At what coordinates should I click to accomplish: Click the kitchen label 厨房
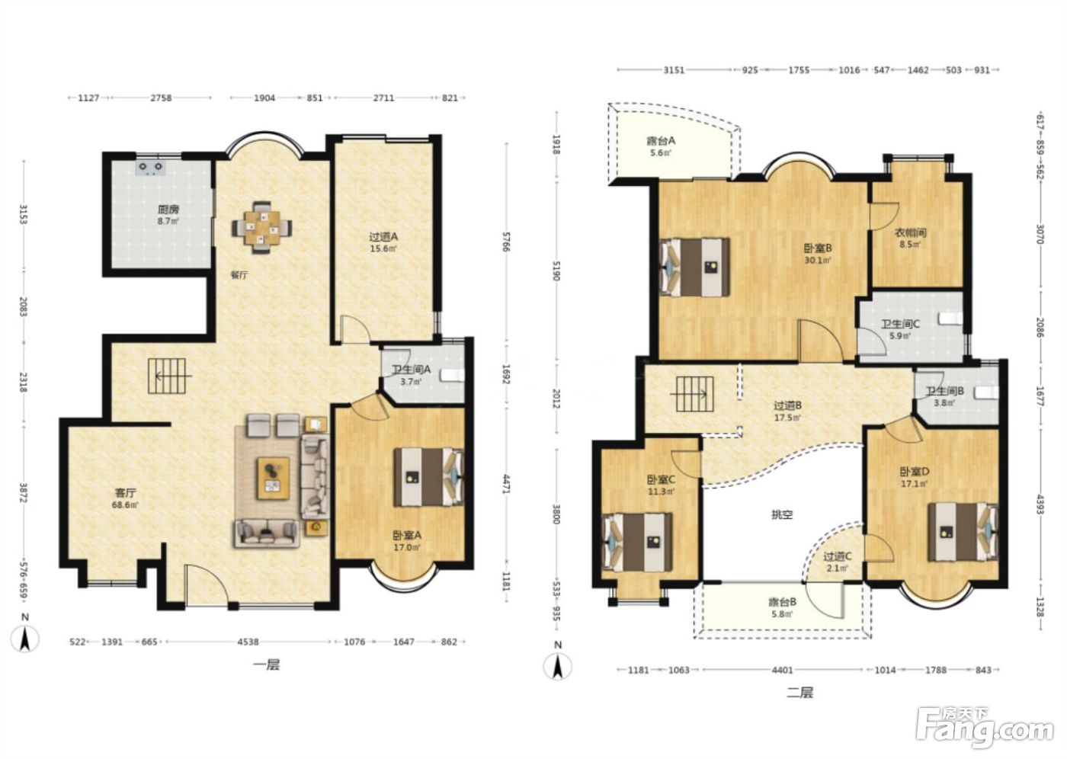pos(168,210)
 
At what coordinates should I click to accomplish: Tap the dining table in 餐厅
pos(262,227)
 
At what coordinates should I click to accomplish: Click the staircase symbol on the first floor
pos(168,376)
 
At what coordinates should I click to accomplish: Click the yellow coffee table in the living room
pos(273,478)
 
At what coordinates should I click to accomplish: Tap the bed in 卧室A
pos(428,476)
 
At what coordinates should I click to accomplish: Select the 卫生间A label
pos(411,369)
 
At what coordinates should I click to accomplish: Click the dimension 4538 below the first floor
pos(248,642)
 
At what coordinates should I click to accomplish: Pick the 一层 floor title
pos(266,665)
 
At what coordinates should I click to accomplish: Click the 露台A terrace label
pos(661,141)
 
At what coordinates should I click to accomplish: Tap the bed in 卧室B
pos(694,267)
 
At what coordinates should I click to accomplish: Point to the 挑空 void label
pos(782,515)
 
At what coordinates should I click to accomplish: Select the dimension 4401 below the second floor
pos(782,671)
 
